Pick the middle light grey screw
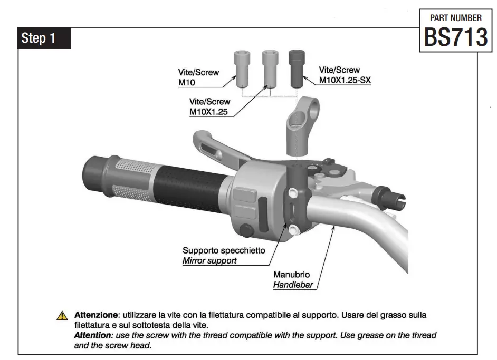270,69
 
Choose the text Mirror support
209,260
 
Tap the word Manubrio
291,275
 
